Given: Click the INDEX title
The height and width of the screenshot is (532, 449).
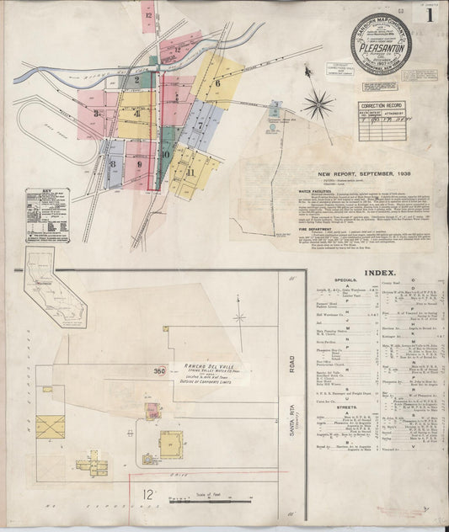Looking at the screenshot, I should pos(375,273).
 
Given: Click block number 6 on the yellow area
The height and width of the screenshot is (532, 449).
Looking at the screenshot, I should pos(216,83).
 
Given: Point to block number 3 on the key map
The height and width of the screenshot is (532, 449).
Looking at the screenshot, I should pos(98,113).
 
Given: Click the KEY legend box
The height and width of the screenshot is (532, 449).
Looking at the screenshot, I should pos(47,215).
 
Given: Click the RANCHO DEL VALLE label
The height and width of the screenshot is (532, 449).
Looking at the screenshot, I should pos(195,367).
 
